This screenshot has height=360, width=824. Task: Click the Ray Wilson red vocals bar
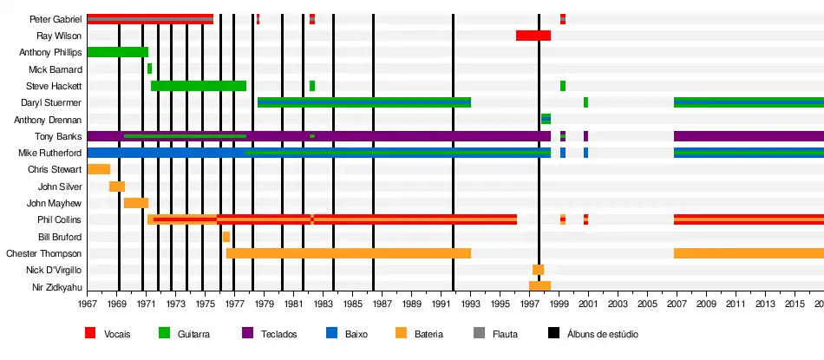pos(533,36)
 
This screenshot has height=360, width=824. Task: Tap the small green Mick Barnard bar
pos(149,69)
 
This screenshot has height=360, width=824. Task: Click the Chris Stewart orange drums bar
pos(99,169)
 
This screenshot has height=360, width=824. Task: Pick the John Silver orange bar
pos(117,187)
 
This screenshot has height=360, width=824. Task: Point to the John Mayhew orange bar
pos(136,203)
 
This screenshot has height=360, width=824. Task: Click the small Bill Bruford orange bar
pos(226,237)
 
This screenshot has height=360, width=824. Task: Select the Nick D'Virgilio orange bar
pos(538,270)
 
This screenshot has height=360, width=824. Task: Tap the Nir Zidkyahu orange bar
pos(540,286)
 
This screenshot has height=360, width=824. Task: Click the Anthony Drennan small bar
pos(546,119)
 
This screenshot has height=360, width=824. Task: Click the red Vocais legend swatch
pos(90,333)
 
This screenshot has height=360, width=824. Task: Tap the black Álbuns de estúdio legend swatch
pos(553,333)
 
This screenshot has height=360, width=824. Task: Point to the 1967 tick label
pos(88,304)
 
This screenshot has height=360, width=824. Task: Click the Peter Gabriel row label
pos(56,19)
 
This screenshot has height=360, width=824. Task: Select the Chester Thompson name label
pos(44,253)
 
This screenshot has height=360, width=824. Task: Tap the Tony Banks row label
pos(58,136)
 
